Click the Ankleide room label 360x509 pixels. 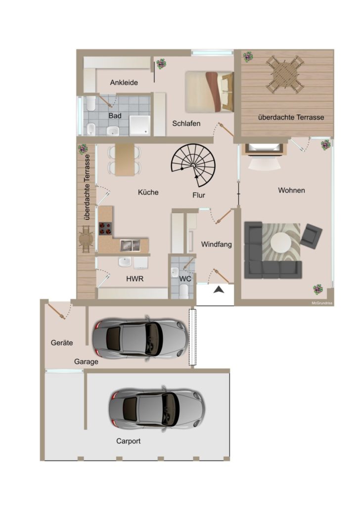[x=124, y=83]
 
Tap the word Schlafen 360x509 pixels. [x=186, y=124]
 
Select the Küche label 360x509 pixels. [x=148, y=192]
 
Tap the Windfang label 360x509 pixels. [x=217, y=244]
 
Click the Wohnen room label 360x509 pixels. [x=291, y=190]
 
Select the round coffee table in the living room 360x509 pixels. [x=281, y=243]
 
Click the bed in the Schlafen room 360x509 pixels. [x=210, y=91]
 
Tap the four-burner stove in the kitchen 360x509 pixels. [x=105, y=228]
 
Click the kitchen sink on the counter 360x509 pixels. [x=130, y=246]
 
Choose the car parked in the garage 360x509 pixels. [x=140, y=338]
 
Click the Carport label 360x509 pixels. [x=129, y=441]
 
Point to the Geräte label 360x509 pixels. [x=62, y=342]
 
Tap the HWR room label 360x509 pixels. [x=135, y=279]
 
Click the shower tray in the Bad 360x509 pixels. [x=140, y=126]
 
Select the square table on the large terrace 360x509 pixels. [x=285, y=74]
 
